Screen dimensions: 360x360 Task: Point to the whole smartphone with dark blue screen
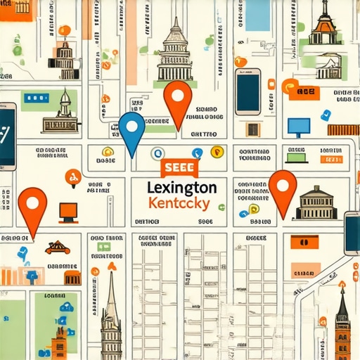click(247, 91)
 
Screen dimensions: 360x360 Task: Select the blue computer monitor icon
click(298, 127)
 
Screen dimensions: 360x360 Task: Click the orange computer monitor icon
click(67, 210)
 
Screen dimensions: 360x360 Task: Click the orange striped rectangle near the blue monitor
click(343, 129)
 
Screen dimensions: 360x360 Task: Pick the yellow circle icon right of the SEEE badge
click(217, 151)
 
